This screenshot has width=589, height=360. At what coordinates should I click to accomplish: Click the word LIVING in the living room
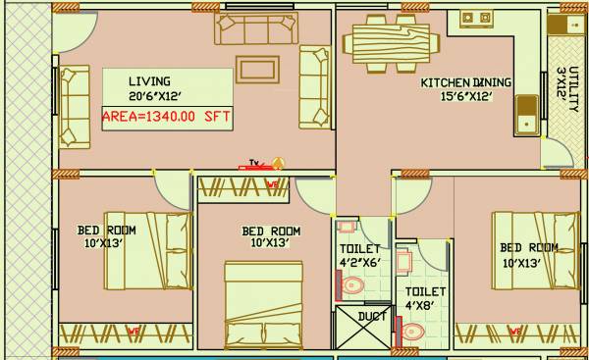tap(149, 80)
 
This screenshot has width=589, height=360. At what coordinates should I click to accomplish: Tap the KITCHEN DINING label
tap(466, 82)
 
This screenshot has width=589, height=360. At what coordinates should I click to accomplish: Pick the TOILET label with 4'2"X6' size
tap(358, 249)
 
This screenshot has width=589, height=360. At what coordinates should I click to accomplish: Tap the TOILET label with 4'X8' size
tap(426, 291)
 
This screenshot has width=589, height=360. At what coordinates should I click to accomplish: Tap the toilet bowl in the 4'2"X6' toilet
tap(353, 285)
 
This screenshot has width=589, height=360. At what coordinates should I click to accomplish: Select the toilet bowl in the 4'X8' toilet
tap(413, 331)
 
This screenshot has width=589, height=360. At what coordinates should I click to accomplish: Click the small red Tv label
tap(253, 164)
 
